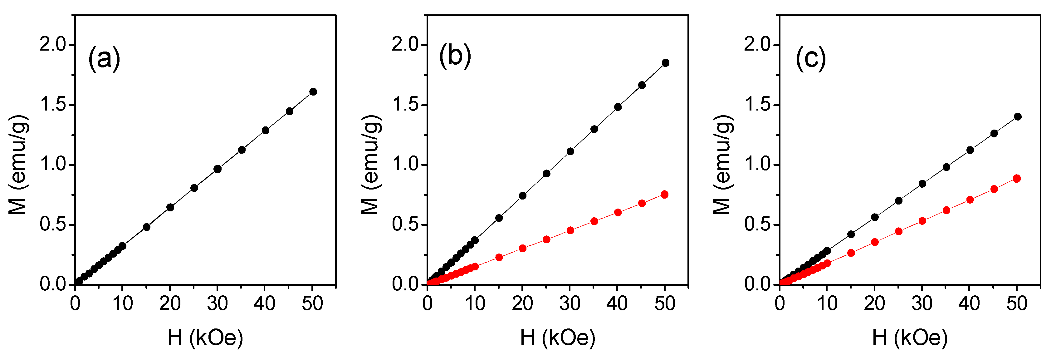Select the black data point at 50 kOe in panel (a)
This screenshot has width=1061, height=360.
click(313, 91)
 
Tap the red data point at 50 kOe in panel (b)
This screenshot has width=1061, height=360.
click(664, 195)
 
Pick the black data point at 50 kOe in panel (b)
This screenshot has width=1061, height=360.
click(665, 63)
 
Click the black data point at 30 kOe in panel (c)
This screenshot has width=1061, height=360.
click(922, 184)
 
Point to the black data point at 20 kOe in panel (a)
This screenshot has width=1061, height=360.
click(170, 207)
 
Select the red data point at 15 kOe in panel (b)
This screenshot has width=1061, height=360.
click(499, 258)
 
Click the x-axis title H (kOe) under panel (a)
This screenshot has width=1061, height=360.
click(205, 338)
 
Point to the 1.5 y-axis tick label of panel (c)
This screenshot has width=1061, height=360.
click(757, 105)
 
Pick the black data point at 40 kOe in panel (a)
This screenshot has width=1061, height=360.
click(265, 130)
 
